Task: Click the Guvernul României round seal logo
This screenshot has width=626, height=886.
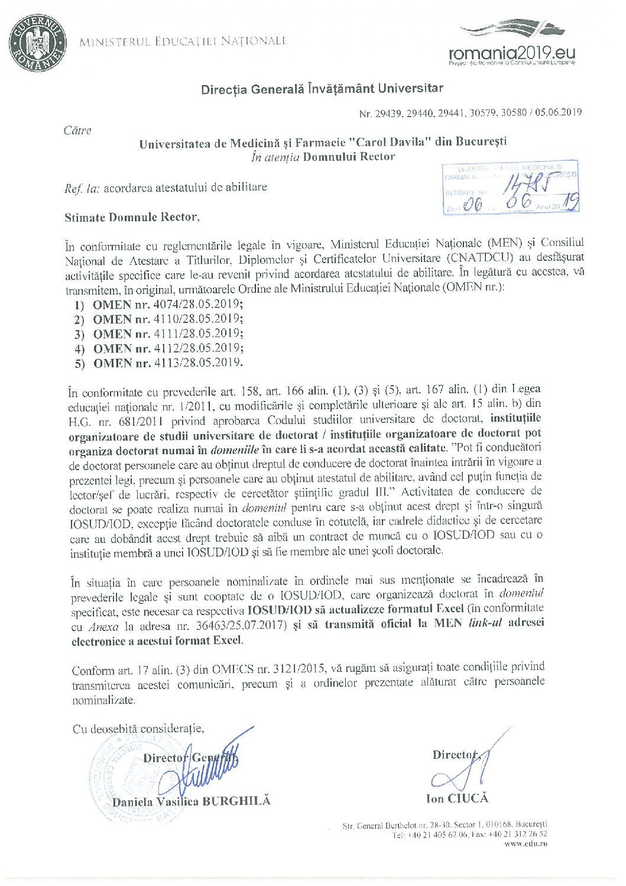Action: [37, 43]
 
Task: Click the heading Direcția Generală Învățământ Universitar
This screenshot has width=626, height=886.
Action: [322, 89]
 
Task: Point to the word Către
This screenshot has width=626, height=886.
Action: [77, 130]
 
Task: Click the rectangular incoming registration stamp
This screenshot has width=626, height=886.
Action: [511, 187]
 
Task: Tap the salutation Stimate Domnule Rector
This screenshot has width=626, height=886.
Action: [132, 217]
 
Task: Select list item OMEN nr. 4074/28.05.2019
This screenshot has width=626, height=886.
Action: [167, 305]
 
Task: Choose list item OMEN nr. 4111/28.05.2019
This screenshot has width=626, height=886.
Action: [167, 334]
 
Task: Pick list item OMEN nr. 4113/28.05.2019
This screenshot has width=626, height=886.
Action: [167, 363]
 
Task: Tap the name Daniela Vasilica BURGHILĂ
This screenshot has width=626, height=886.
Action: [191, 801]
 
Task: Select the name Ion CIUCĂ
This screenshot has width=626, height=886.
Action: [457, 798]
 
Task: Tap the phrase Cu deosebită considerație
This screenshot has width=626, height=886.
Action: [138, 729]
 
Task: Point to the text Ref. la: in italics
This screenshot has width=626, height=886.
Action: [82, 189]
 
